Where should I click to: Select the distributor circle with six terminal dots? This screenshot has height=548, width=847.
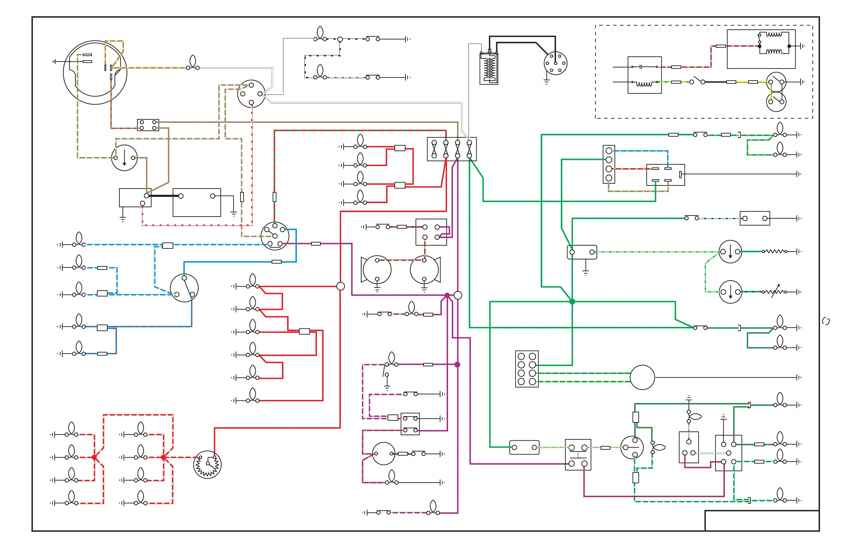pos(555,63)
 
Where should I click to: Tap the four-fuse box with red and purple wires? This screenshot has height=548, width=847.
pos(452,149)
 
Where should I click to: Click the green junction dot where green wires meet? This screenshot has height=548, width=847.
pos(572,302)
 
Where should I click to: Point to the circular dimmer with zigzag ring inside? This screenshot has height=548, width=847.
pos(208,464)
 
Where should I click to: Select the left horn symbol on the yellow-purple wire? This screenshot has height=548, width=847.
pos(376,270)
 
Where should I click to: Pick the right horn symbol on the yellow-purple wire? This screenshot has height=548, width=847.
pos(425,270)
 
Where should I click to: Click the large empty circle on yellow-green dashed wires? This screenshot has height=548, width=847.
pos(642,377)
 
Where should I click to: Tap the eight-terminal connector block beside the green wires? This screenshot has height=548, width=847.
pos(527,369)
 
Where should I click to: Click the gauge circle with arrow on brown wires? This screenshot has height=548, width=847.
pos(124,158)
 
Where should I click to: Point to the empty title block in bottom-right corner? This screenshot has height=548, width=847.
pos(762,521)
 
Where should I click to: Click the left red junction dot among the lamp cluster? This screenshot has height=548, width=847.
pos(94,457)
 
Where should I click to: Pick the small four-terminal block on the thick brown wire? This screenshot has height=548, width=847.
pos(148,125)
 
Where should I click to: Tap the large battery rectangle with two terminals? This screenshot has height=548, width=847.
pos(197,202)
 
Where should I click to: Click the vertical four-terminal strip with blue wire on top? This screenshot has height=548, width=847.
pos(609,164)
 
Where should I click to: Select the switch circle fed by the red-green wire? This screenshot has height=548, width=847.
pos(275,236)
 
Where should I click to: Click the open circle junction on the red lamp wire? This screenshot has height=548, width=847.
pos(340,286)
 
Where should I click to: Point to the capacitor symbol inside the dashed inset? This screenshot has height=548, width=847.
pos(640,66)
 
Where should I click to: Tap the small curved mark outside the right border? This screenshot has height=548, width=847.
pos(826,321)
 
